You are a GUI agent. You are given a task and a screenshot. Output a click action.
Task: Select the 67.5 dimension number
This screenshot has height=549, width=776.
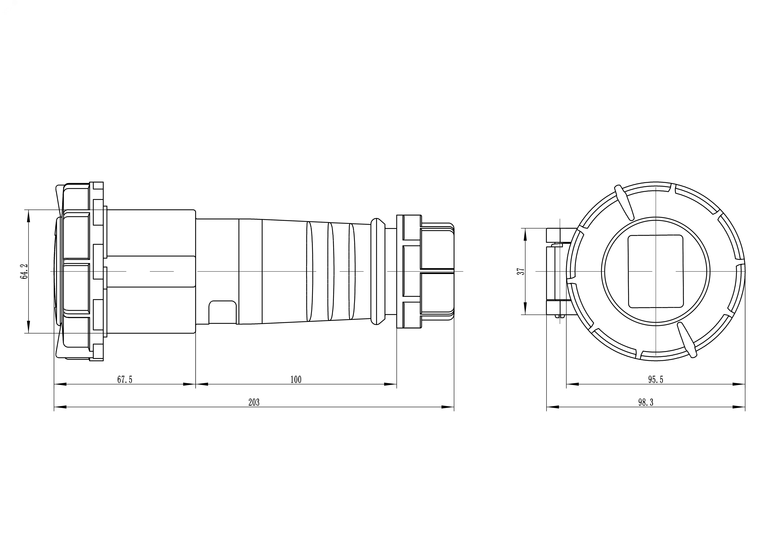[125, 380]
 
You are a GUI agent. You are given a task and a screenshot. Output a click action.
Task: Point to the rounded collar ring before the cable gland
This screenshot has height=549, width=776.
[378, 272]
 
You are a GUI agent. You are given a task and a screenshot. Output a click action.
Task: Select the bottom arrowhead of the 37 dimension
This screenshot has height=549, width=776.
[525, 308]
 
